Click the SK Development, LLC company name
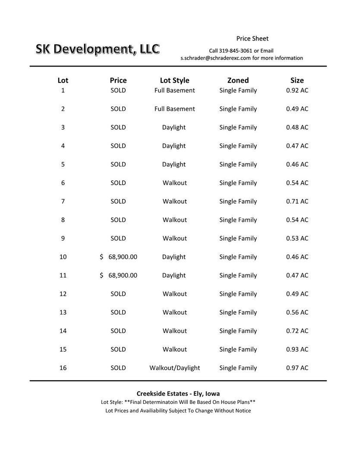[98, 49]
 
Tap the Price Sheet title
[252, 38]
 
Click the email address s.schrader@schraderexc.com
[215, 58]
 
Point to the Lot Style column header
[174, 80]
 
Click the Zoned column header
[238, 80]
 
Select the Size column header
[297, 80]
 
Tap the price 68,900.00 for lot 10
[123, 257]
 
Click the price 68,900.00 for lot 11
[123, 275]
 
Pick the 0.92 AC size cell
[297, 90]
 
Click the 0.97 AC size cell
[297, 368]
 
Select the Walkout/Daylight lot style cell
[174, 368]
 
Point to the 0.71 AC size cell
[297, 201]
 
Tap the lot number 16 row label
[63, 368]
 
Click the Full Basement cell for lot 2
[174, 109]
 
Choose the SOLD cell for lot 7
[118, 201]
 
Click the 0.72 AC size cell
[297, 331]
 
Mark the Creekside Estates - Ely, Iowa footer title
[178, 394]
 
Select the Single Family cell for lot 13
[238, 312]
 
